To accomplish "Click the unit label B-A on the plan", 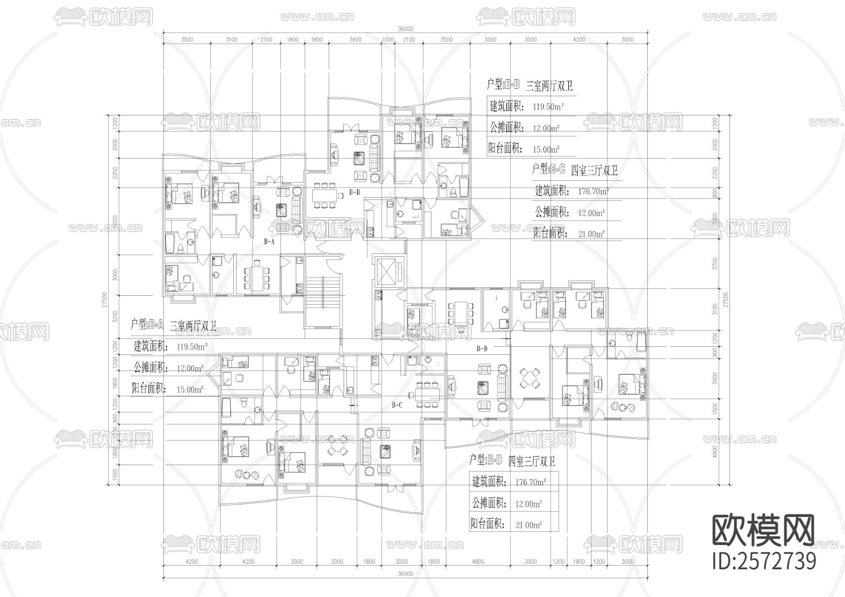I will point(269,242).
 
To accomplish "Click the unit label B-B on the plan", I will point(354,192).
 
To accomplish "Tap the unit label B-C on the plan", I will point(397,405).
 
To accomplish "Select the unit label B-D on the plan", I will point(482,348).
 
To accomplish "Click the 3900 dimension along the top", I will point(355,40).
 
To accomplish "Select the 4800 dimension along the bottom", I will point(478,561).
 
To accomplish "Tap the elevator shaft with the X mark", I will point(387,270).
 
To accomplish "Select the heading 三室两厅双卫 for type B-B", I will point(549,86).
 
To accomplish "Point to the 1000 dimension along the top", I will point(388,40).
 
